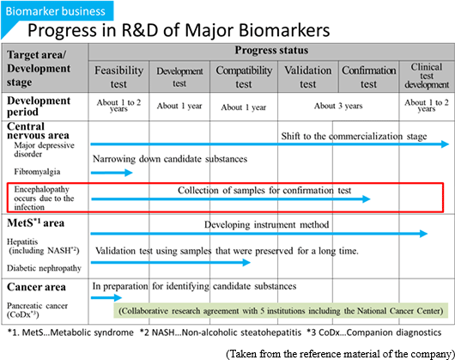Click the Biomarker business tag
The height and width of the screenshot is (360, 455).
click(x=57, y=11)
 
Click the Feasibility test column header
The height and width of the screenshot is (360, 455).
click(x=118, y=77)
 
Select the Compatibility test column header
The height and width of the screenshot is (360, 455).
click(x=244, y=77)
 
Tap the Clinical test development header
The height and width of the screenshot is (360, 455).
click(x=427, y=76)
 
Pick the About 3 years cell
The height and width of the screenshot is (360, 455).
click(x=338, y=106)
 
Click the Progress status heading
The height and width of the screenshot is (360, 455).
click(x=271, y=50)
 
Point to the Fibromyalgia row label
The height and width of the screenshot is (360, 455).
click(x=37, y=172)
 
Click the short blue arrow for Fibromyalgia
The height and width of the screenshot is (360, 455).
click(x=112, y=173)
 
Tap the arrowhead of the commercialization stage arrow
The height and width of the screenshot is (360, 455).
click(x=446, y=144)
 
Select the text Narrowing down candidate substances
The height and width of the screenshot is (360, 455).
click(x=170, y=159)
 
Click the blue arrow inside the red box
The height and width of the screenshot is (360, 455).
click(x=231, y=199)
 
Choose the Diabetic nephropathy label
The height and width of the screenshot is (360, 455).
click(x=44, y=268)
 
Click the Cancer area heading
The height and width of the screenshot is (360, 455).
click(x=36, y=287)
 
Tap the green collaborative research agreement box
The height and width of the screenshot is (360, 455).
click(x=281, y=311)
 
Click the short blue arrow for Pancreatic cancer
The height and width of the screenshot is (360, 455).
click(x=106, y=297)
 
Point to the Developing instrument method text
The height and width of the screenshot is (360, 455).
click(x=267, y=225)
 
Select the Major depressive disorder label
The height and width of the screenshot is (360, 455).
click(x=44, y=149)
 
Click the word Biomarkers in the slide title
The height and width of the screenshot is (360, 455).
click(x=285, y=30)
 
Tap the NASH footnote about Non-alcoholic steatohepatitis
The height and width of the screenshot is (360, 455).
click(x=221, y=333)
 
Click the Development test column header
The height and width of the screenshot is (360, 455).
click(x=179, y=77)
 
